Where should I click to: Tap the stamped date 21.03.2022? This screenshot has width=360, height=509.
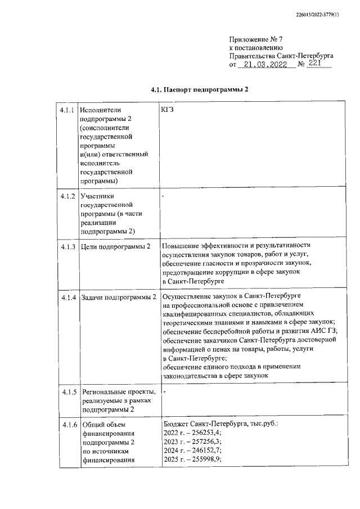point(263,65)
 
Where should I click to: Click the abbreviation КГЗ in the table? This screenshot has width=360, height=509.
point(168,110)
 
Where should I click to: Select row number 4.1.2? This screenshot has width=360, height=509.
point(67,196)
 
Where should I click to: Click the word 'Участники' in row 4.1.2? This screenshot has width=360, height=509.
point(98,196)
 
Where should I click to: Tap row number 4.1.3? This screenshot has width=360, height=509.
point(67,247)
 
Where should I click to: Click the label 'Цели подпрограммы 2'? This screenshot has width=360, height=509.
point(115,247)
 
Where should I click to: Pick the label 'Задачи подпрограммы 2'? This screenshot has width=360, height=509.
point(118,296)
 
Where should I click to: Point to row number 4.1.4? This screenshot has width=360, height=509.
point(67,296)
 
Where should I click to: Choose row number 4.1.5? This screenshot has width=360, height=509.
point(67,391)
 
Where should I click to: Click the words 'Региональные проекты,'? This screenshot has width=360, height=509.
point(118,391)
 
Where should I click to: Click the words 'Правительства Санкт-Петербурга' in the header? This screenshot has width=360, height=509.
point(281,56)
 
